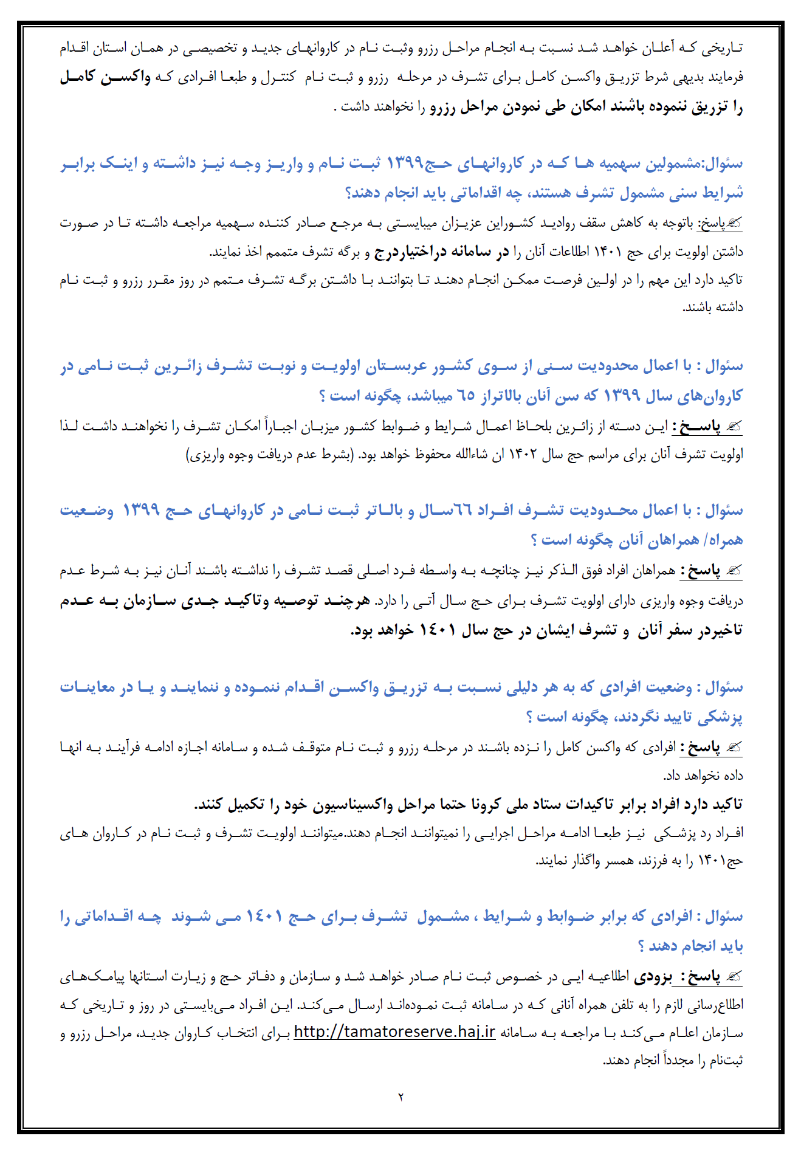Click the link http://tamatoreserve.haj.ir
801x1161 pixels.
tap(394, 1032)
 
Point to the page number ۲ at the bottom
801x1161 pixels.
tap(400, 1098)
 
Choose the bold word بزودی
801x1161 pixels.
tap(653, 977)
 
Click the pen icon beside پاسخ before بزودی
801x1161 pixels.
tap(734, 977)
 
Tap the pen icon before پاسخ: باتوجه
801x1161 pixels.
tap(734, 224)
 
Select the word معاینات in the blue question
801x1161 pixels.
tap(88, 687)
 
